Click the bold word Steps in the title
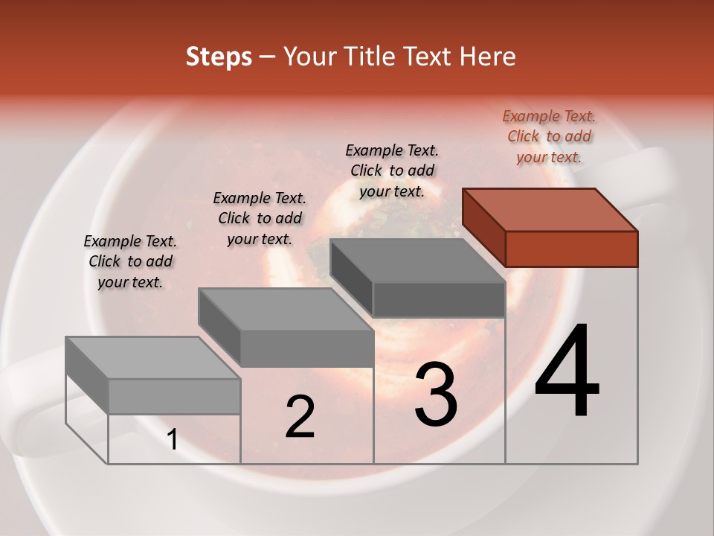(x=219, y=57)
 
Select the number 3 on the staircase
(x=436, y=395)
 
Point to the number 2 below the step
(x=300, y=417)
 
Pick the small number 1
(x=173, y=440)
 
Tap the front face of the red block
(x=571, y=249)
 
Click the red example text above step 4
(x=549, y=136)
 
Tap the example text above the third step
(x=392, y=170)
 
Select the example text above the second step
(x=260, y=218)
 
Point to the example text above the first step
(x=130, y=261)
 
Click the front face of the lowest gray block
(x=174, y=396)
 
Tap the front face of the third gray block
(x=439, y=299)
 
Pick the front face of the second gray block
(x=306, y=348)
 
